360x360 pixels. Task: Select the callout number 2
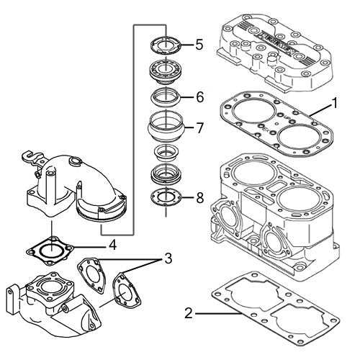tap(188, 313)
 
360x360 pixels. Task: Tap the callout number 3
tap(167, 257)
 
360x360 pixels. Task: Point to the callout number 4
tap(112, 245)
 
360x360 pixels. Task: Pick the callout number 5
tap(198, 45)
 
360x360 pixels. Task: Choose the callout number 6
tap(199, 96)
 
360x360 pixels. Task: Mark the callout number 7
tap(199, 128)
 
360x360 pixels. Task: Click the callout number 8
tap(199, 197)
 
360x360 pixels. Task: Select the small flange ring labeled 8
tap(166, 197)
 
